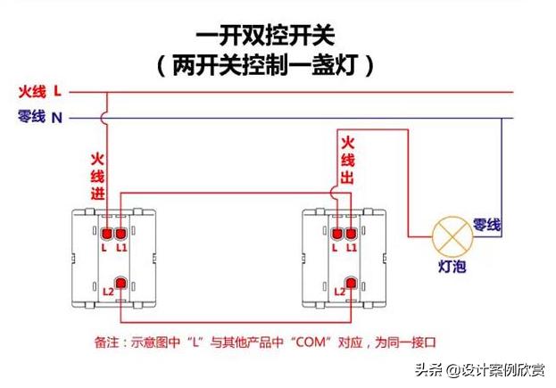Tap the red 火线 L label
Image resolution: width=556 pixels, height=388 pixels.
click(41, 91)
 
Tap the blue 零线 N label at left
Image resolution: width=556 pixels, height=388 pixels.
click(40, 117)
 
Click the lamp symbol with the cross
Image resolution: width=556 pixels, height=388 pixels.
click(452, 235)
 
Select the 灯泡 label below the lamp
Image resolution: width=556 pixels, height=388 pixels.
click(452, 267)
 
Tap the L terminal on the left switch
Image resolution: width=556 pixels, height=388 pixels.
click(105, 235)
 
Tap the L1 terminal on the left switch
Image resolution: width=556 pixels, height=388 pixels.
click(121, 235)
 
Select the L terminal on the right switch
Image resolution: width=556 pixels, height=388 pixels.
click(337, 235)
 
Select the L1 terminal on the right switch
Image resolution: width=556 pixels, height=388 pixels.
click(353, 235)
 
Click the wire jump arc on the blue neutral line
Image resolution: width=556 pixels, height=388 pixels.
click(107, 117)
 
